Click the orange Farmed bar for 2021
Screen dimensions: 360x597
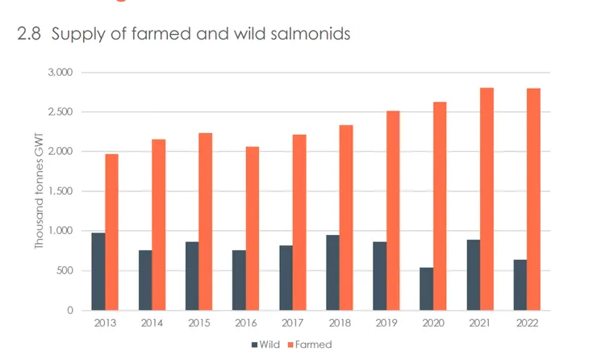[486, 199]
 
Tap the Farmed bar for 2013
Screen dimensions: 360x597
[111, 232]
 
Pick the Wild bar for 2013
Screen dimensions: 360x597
[98, 271]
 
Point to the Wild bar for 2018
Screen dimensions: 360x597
[332, 272]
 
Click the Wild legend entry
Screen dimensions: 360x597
[268, 344]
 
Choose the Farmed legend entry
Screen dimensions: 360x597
[311, 344]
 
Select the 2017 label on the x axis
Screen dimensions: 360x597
[292, 322]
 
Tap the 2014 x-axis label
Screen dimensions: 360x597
[152, 322]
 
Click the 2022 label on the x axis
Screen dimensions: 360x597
[526, 322]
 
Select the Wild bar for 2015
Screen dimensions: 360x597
[191, 275]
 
